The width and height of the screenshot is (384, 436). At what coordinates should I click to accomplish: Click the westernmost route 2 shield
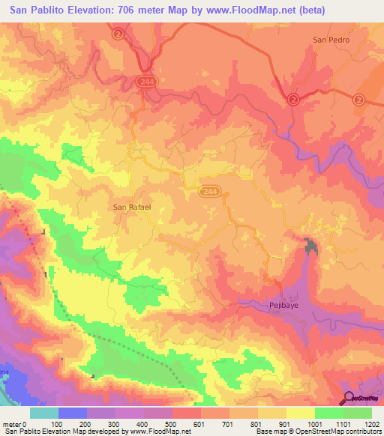(118, 34)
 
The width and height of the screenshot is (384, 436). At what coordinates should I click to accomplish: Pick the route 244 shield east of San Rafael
(210, 193)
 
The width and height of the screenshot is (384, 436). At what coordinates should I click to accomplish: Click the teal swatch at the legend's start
(44, 413)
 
